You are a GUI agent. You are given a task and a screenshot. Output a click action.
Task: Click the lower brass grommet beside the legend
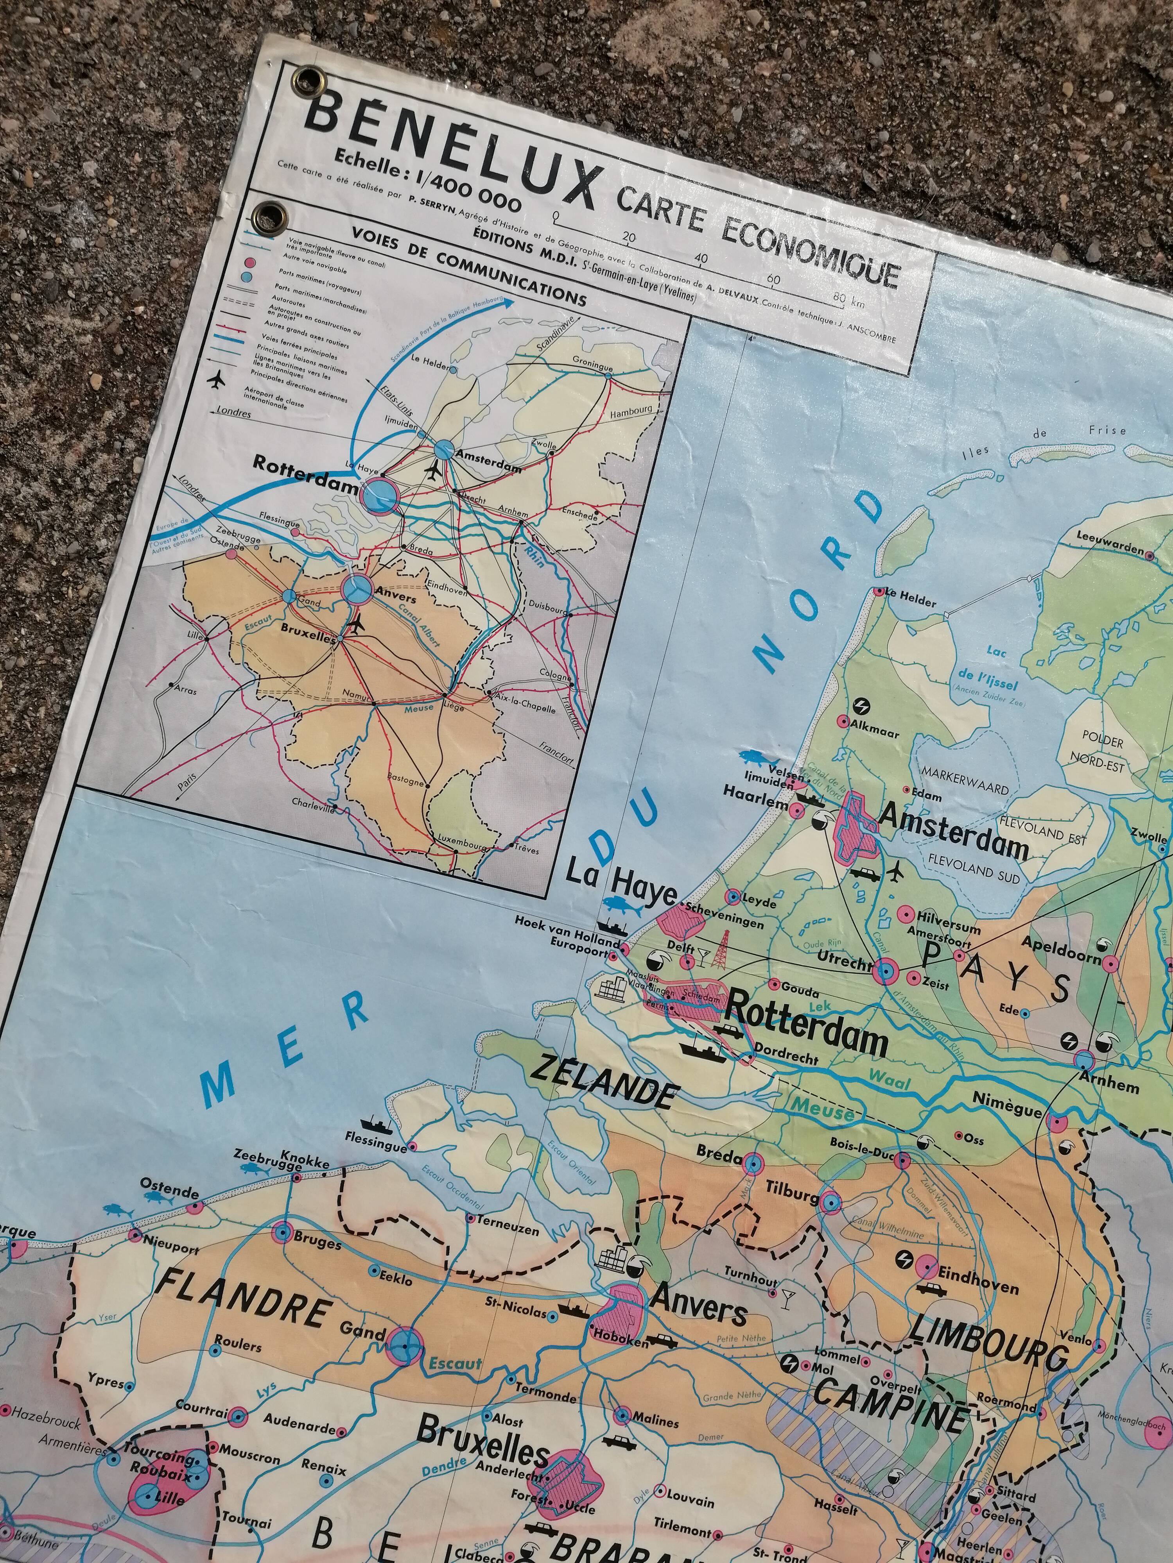pyautogui.click(x=270, y=213)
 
